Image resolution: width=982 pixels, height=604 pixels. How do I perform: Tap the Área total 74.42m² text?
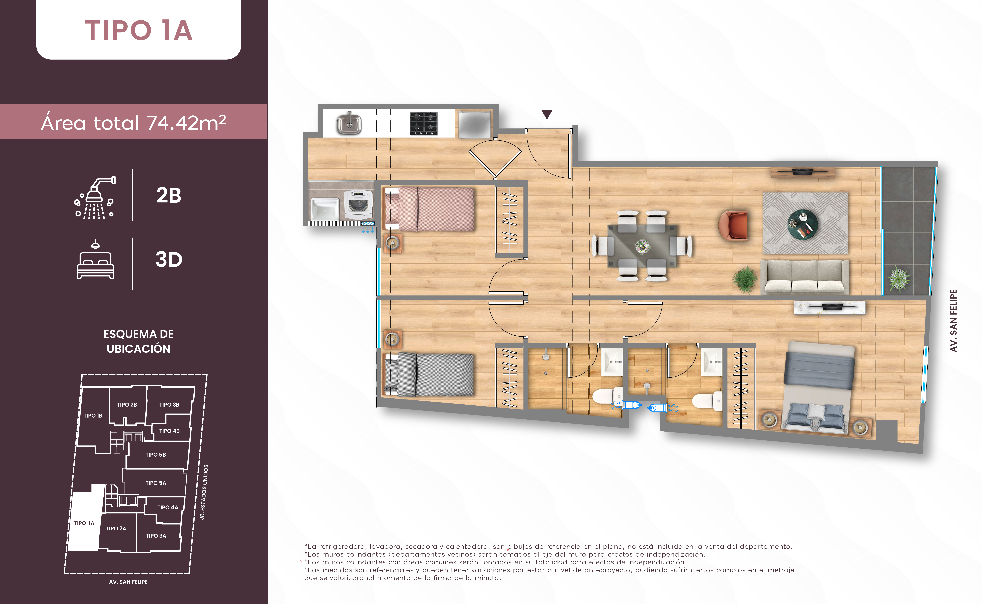pos(133,123)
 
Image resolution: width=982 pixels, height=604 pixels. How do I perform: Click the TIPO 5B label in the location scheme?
pos(156,455)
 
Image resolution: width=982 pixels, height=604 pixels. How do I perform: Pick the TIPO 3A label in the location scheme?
pos(156,536)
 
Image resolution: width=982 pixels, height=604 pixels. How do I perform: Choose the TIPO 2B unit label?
pos(127,405)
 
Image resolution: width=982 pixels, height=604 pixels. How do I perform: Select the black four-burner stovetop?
pos(424,123)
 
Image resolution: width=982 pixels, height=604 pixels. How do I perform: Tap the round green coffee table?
pos(803,224)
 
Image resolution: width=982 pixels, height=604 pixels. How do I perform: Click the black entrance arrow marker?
pos(547,115)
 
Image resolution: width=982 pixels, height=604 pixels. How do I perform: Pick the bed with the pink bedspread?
pos(429,209)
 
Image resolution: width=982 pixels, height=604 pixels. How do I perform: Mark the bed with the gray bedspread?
pos(429,374)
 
